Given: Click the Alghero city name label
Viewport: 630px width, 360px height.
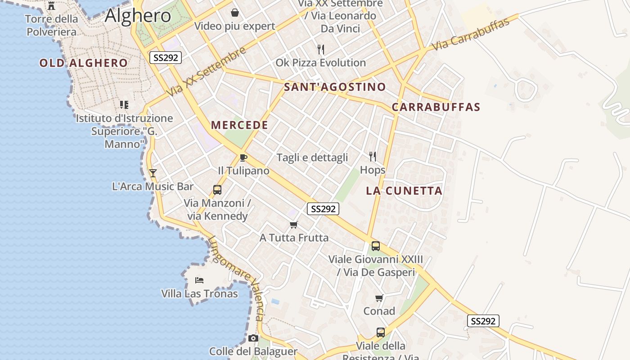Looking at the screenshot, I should (x=138, y=16).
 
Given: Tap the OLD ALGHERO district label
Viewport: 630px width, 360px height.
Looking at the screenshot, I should (x=83, y=63).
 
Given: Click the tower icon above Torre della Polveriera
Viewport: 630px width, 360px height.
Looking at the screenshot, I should (x=51, y=6).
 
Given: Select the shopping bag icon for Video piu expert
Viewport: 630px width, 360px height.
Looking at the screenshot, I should (x=234, y=12).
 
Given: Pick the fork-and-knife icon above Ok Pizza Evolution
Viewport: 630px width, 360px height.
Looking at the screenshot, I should (x=320, y=49).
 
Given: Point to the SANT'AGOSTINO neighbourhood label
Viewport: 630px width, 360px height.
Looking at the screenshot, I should (x=335, y=87).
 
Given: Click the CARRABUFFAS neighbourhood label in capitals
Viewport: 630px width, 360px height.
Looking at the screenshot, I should (x=436, y=107).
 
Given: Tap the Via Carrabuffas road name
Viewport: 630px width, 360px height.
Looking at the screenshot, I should (x=470, y=34).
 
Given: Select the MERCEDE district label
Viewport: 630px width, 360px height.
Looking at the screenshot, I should (x=239, y=125).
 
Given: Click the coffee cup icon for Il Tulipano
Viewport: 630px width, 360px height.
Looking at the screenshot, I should (x=243, y=157).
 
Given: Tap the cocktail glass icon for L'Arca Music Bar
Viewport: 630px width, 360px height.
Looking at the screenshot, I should (x=153, y=173).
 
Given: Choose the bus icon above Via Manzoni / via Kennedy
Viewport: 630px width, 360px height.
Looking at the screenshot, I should (x=217, y=190).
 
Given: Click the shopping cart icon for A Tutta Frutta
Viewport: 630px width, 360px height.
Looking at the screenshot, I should (x=294, y=224).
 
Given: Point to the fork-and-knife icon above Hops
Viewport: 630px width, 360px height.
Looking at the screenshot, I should (x=373, y=156).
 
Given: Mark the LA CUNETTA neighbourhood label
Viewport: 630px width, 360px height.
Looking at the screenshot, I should (x=404, y=191).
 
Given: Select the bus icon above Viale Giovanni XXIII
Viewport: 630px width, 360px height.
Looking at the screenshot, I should (x=375, y=246).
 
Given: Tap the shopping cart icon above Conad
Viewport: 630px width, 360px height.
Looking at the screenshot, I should (x=379, y=298).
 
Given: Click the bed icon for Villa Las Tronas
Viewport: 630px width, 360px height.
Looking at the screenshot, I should (x=199, y=280).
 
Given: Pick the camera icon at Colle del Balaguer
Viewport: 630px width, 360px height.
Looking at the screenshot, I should (x=253, y=338).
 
